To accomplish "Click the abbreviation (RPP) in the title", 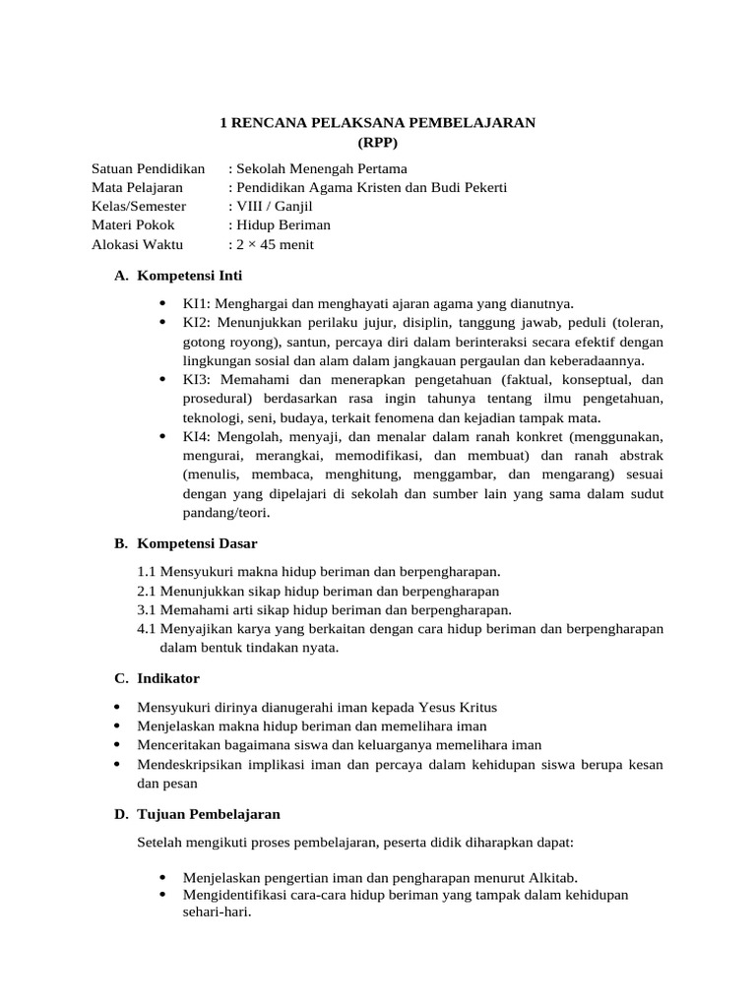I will point(377,142).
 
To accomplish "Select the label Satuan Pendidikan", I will point(148,169).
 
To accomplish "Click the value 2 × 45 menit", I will point(273,244).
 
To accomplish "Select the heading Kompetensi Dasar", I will point(197,542).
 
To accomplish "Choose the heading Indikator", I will point(168,678).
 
